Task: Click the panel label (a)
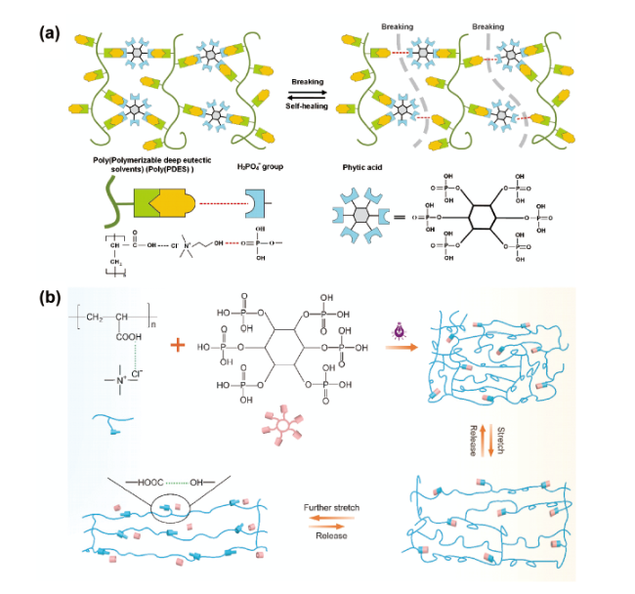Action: (x=51, y=32)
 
